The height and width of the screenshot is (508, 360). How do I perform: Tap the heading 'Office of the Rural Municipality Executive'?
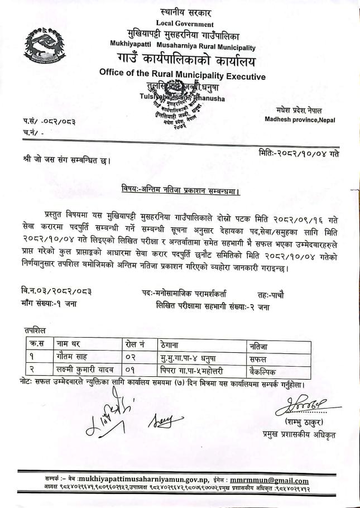[x=182, y=75]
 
